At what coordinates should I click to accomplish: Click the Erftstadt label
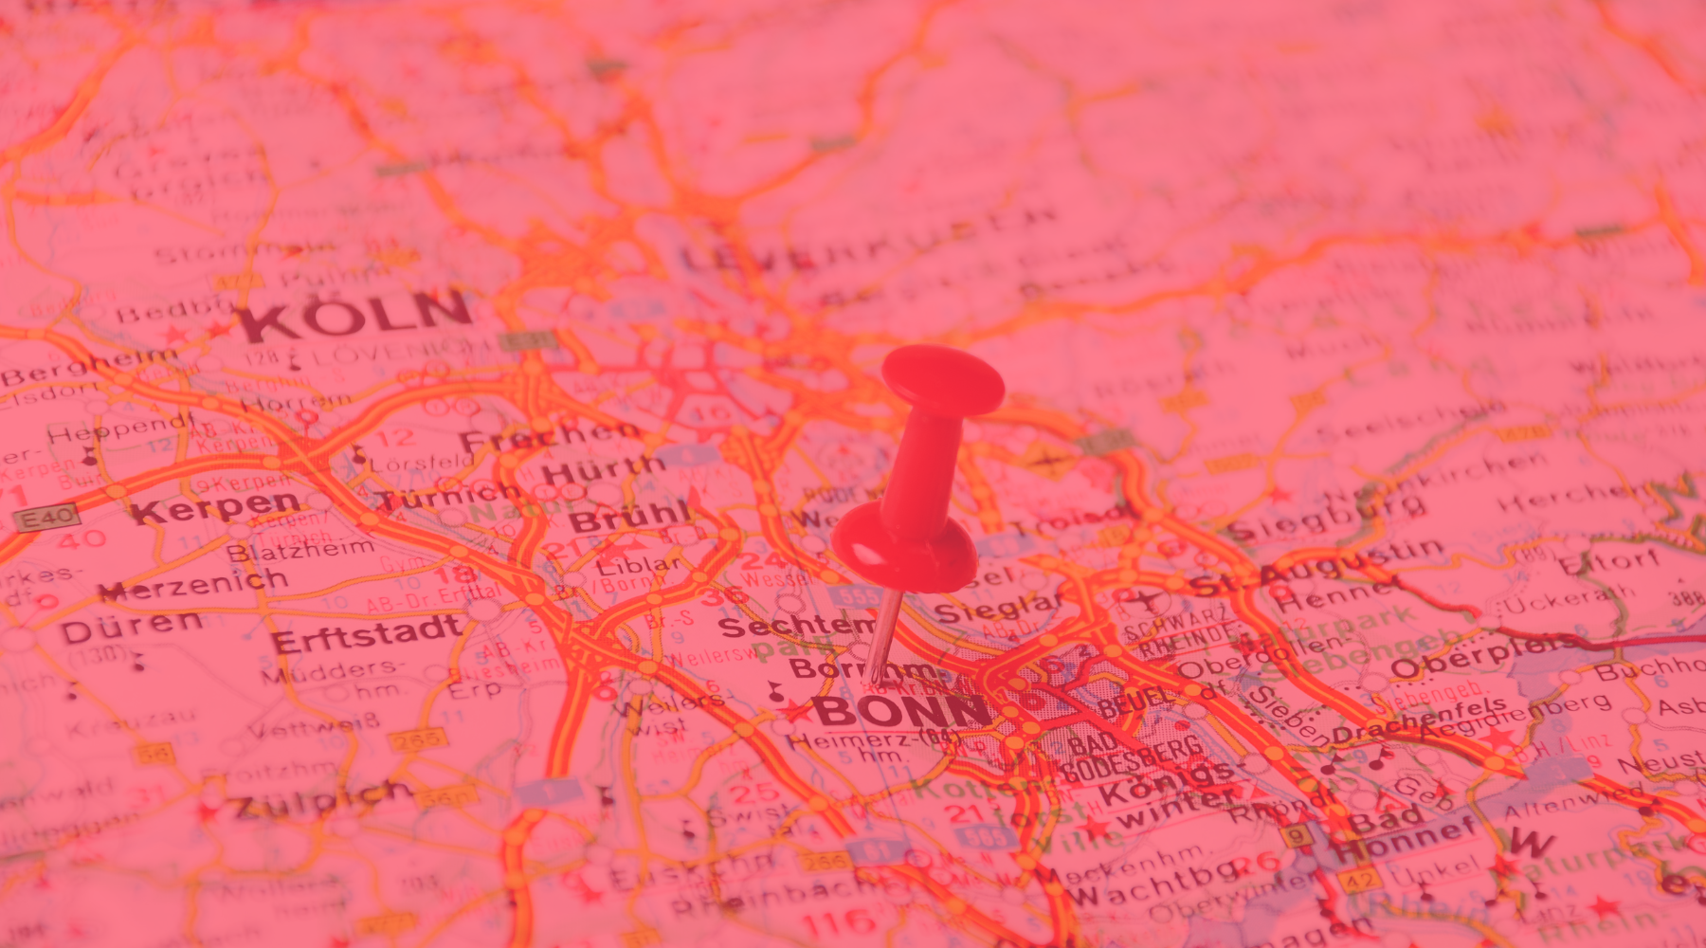[368, 633]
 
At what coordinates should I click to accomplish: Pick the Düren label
[133, 627]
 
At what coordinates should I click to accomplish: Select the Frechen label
[550, 437]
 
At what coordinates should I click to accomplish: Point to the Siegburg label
[1327, 518]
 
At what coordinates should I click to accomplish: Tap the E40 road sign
[45, 518]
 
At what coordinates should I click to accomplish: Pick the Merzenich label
[193, 584]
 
